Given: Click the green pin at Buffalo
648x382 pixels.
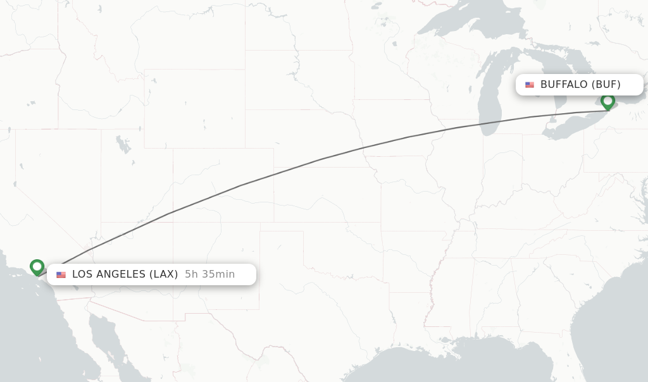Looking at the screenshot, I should [607, 101].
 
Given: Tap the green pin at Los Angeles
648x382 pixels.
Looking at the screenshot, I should [37, 267].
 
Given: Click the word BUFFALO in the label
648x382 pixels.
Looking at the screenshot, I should [564, 84].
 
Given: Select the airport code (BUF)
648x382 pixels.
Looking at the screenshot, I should [606, 84].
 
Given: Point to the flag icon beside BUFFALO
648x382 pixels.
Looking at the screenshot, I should [530, 85].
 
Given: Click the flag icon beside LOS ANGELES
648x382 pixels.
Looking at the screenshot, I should [61, 274].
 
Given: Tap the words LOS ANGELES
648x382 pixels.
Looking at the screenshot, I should [109, 274].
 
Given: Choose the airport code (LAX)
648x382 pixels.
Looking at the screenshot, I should [163, 274].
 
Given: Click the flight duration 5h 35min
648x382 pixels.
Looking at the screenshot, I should [209, 274].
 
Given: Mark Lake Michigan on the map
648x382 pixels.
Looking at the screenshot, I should [489, 95].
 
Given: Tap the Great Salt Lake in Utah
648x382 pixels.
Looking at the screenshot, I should [122, 144].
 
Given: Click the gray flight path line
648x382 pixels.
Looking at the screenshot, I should [316, 160].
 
